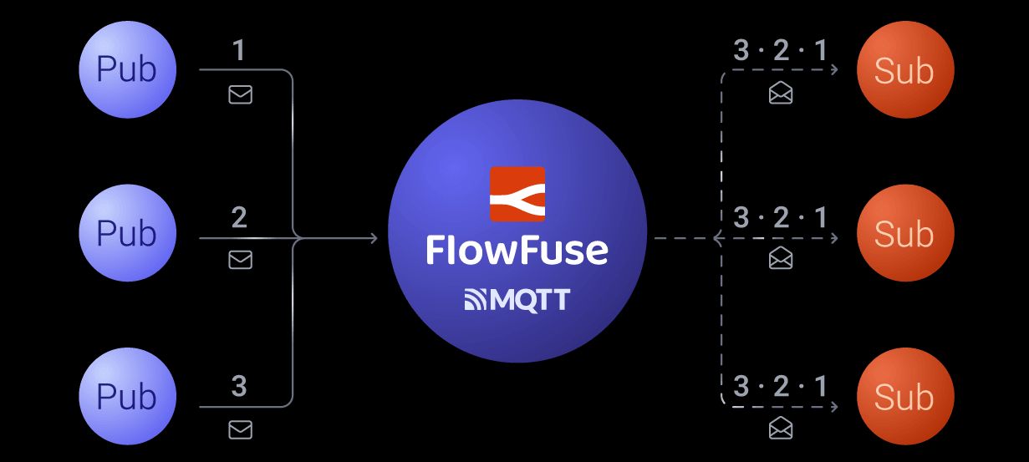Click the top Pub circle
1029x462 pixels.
127,69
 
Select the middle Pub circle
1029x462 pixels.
127,233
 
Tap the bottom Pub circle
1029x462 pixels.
127,396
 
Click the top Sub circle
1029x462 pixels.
904,69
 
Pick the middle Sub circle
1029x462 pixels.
904,233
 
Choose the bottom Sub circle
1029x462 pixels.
904,396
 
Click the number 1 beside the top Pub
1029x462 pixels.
239,52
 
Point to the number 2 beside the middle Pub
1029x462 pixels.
239,218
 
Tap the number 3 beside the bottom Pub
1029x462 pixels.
239,386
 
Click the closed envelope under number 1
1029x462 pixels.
241,95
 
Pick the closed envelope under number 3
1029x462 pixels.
241,429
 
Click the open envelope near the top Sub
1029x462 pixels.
781,94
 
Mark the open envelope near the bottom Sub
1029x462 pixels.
781,429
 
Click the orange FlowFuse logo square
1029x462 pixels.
517,194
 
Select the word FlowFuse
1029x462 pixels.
517,250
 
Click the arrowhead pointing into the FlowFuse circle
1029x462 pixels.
373,239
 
